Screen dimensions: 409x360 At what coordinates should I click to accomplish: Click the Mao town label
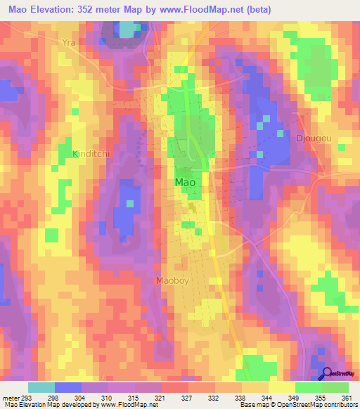click(184, 182)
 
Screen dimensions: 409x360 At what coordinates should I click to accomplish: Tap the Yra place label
click(68, 42)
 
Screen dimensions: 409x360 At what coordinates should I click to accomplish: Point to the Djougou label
click(314, 138)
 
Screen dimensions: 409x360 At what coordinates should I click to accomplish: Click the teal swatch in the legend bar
click(41, 387)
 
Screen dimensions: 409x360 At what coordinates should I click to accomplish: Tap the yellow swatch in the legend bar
click(281, 387)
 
